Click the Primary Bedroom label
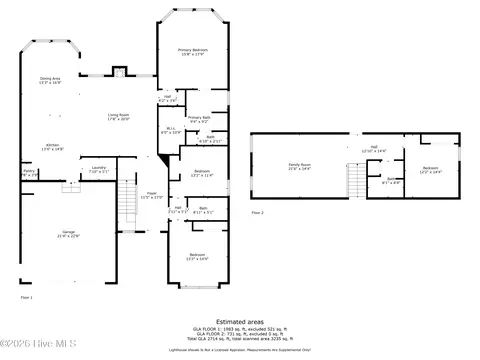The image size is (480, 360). [x=192, y=50]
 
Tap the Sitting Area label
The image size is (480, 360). [x=50, y=80]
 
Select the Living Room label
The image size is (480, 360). [x=119, y=117]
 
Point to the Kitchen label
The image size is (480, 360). [x=52, y=147]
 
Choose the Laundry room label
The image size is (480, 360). [x=98, y=169]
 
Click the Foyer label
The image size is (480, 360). [x=152, y=195]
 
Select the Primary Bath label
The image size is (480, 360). [x=198, y=119]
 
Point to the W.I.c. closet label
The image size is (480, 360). [x=171, y=129]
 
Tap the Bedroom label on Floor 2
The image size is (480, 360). [x=430, y=169]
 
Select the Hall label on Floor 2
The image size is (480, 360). [x=372, y=149]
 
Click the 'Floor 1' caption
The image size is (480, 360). [x=27, y=297]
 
